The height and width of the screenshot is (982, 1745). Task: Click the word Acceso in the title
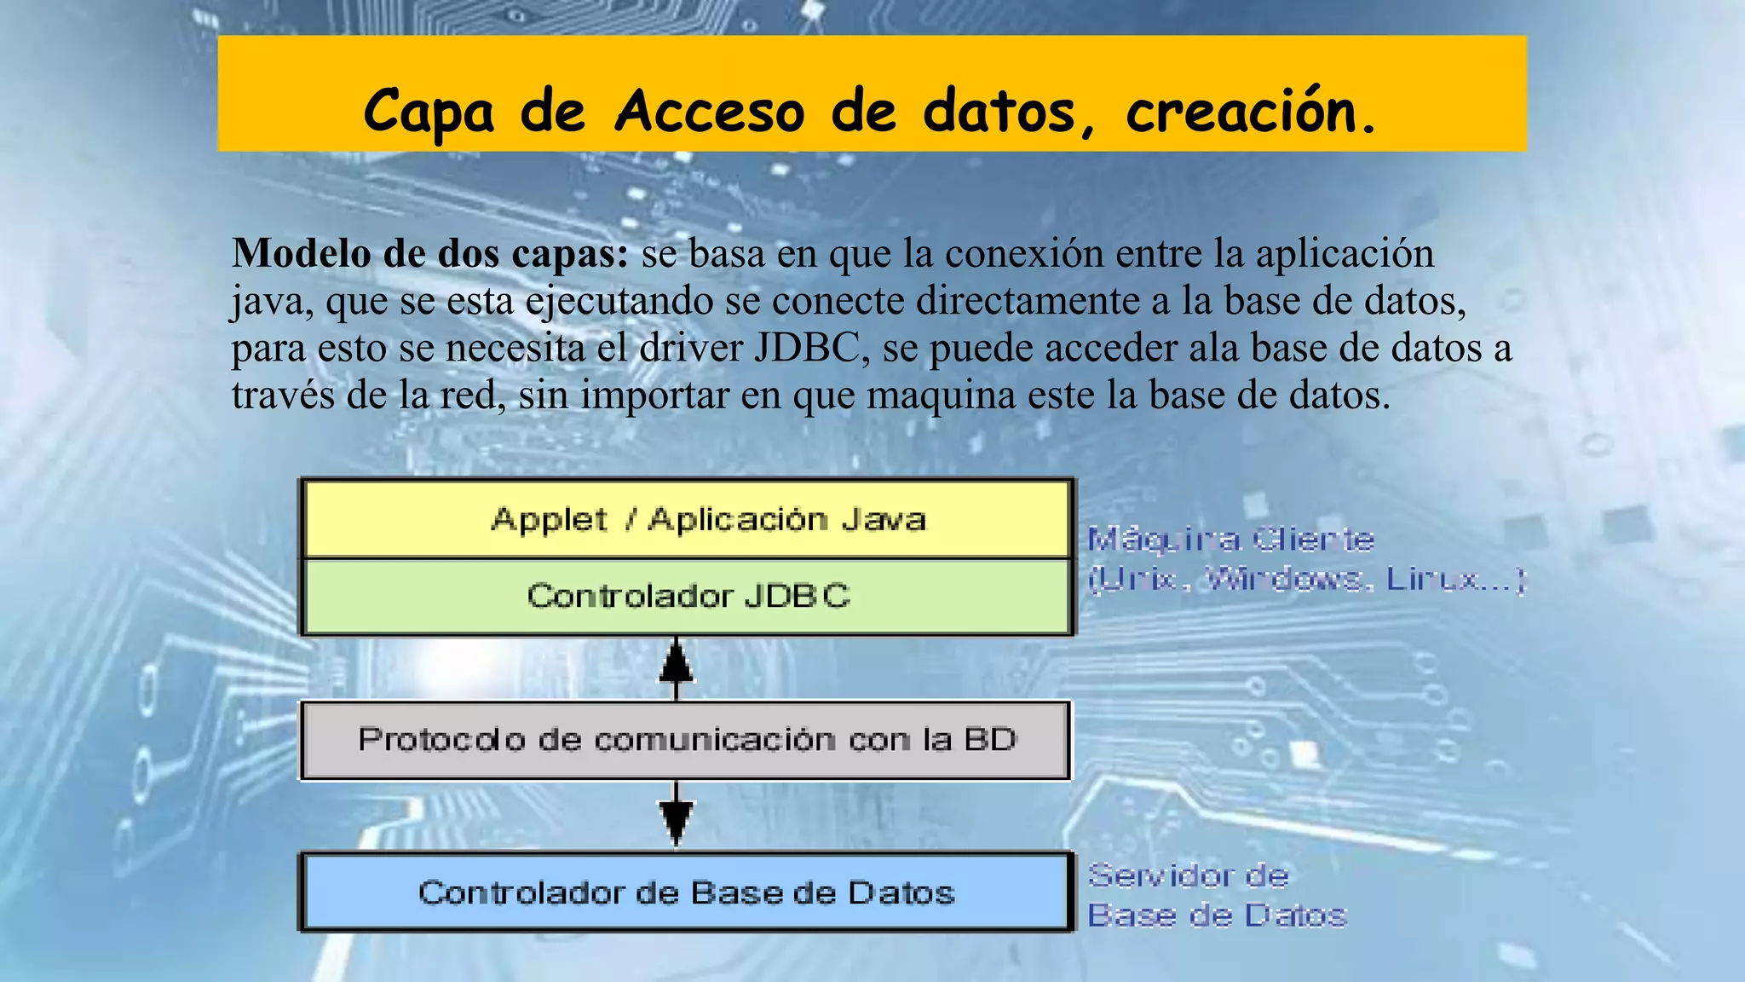tap(709, 112)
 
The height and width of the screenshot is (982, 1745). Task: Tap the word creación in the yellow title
tap(1251, 112)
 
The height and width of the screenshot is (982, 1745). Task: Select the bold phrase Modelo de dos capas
tap(430, 253)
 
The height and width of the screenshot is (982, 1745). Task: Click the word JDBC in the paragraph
tap(807, 348)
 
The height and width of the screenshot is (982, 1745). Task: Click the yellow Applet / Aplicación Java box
tap(687, 519)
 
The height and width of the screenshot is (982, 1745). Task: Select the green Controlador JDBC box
tap(687, 596)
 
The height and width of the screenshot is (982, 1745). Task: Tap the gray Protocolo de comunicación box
tap(687, 739)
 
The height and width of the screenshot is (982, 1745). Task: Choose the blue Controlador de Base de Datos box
tap(687, 892)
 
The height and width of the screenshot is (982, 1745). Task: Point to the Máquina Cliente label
tap(1230, 539)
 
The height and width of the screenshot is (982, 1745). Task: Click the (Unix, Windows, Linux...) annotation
tap(1306, 580)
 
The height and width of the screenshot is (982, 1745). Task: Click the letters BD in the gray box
tap(990, 739)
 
